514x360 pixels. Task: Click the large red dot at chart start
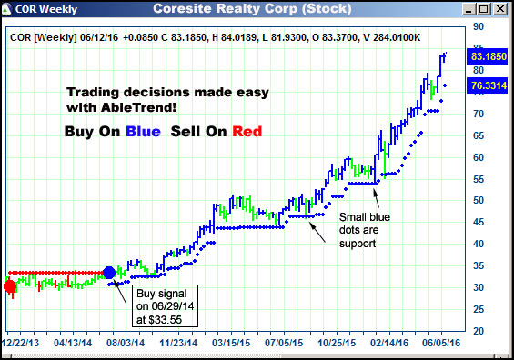coord(10,286)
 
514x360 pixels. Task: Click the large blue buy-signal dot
coord(109,272)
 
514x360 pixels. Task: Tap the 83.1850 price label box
coord(489,56)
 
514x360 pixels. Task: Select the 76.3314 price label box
coord(489,86)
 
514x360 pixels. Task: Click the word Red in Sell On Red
coord(247,132)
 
